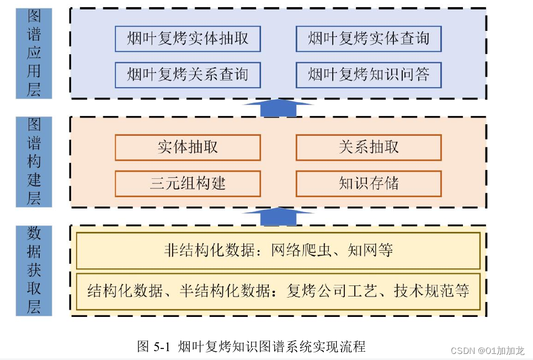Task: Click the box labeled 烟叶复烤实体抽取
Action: [188, 39]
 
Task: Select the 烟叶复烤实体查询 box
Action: [369, 39]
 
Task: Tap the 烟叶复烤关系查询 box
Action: [188, 75]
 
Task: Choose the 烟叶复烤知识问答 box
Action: [369, 75]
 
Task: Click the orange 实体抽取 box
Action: [188, 147]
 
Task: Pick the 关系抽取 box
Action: [369, 147]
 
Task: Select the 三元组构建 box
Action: [188, 184]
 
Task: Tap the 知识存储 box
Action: [369, 184]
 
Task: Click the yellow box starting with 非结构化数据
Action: [278, 251]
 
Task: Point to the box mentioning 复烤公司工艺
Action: [278, 292]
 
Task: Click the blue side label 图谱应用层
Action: [34, 54]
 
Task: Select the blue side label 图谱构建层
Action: [34, 162]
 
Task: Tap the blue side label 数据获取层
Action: [34, 271]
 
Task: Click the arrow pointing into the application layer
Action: [279, 108]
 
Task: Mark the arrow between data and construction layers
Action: [279, 216]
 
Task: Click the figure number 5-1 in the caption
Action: [162, 347]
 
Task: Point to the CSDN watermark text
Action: [487, 351]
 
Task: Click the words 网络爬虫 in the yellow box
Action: [301, 251]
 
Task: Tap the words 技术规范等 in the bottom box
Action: [431, 292]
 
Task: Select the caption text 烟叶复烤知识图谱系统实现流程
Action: [271, 347]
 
